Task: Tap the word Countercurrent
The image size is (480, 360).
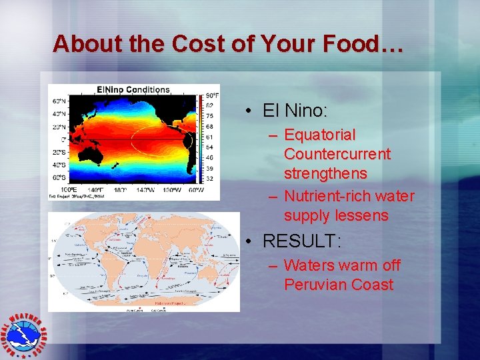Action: [x=337, y=154]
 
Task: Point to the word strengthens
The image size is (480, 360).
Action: [x=325, y=173]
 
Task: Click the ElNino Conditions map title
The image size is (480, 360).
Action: [x=133, y=89]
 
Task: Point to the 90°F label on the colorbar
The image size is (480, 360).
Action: [x=212, y=95]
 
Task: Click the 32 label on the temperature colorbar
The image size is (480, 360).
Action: [x=209, y=179]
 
